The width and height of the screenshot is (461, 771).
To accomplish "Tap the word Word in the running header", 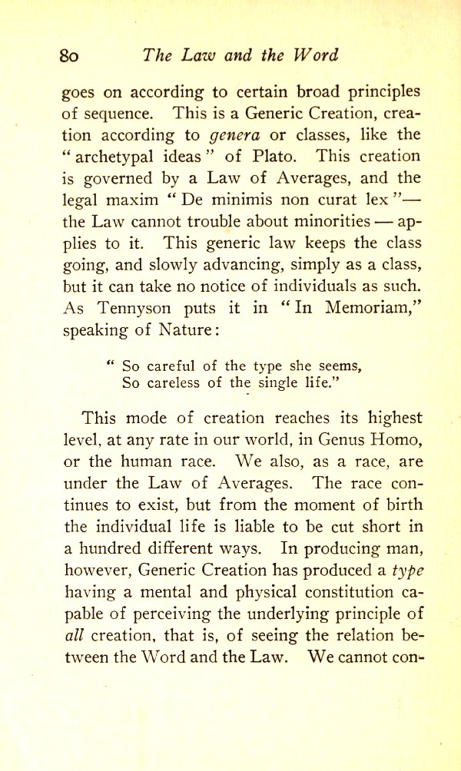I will click(316, 56).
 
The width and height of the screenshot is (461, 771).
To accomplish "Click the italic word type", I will click(405, 569).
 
